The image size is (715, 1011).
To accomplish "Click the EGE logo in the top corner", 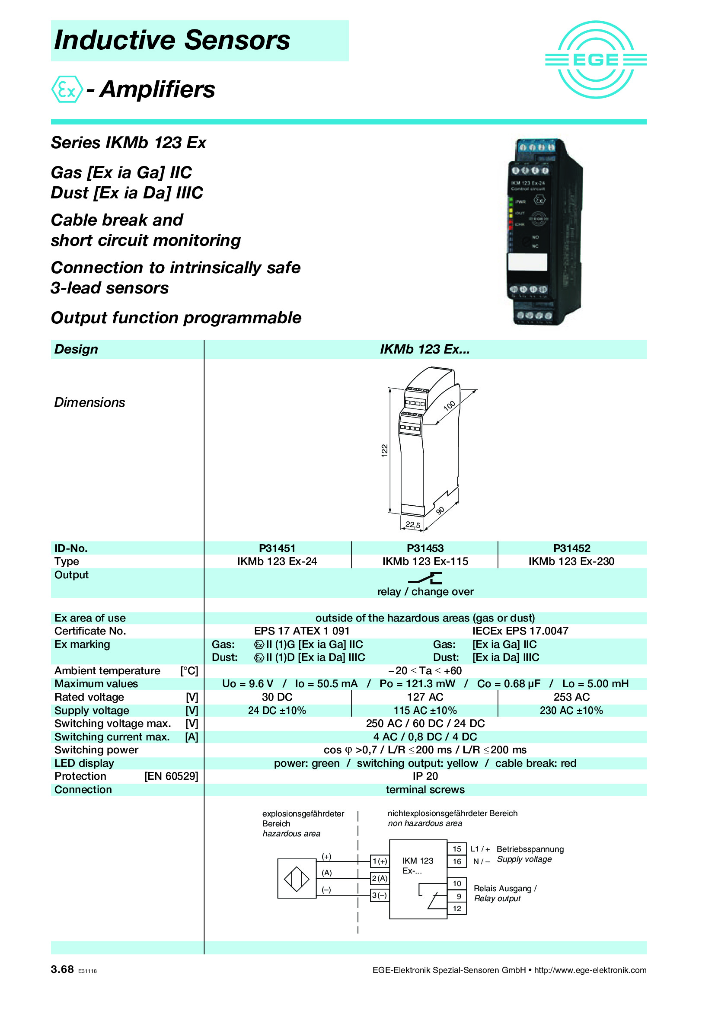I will [x=595, y=60].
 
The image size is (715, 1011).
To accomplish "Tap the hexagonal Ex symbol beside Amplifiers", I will [x=67, y=89].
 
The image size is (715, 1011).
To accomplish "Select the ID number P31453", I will [x=425, y=548].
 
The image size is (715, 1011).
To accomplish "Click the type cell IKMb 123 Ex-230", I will [x=571, y=561].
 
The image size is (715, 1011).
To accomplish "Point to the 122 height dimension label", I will [x=384, y=450].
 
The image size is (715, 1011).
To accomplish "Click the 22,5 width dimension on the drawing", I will [x=412, y=525].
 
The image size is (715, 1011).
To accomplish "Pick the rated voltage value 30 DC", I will [x=277, y=697].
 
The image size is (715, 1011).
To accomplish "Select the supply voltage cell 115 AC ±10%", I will [x=425, y=710].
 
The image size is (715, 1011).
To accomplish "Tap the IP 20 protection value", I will [x=425, y=776].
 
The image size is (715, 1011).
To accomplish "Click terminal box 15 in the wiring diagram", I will [x=457, y=848].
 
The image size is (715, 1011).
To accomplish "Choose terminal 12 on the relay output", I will [x=457, y=908].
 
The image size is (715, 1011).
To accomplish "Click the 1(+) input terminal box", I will [x=380, y=861].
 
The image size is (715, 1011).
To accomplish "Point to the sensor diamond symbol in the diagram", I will [x=296, y=879].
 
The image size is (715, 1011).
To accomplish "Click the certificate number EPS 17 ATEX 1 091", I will [x=302, y=631].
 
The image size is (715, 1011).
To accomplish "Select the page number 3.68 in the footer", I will [x=62, y=969].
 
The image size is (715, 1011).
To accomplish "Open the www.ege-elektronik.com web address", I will [x=590, y=970].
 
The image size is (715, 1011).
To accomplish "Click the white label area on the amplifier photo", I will [x=527, y=262].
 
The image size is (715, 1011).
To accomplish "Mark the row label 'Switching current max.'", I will [x=112, y=737].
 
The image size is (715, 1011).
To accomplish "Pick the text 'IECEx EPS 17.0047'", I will [x=520, y=631].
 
